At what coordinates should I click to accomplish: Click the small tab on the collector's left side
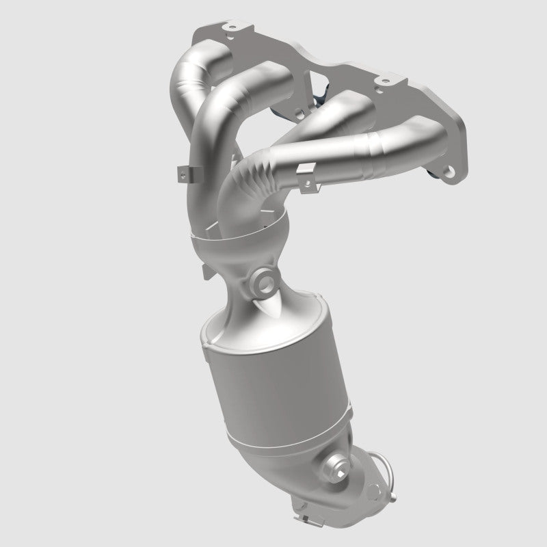[x=203, y=273]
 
